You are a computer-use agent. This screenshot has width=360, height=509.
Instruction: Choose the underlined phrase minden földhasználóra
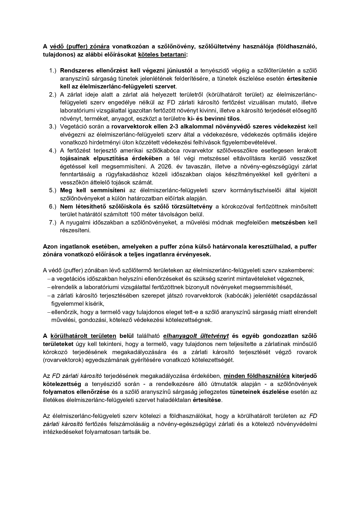coord(257,376)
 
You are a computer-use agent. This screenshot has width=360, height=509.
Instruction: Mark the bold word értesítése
coord(207,400)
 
